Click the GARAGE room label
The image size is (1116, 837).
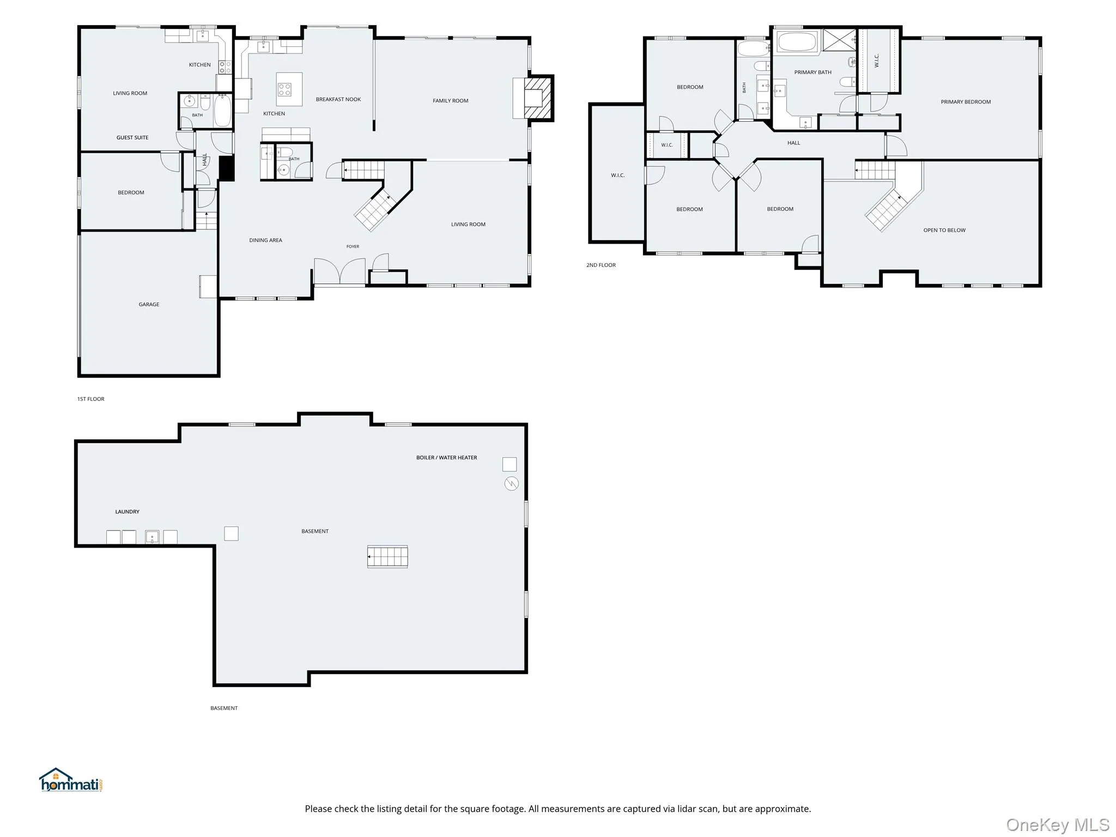[x=149, y=305]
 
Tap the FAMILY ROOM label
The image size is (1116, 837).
[x=450, y=101]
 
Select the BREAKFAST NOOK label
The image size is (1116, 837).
[x=338, y=99]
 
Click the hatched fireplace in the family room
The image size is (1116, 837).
[x=538, y=98]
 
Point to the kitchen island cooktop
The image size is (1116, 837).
[x=284, y=89]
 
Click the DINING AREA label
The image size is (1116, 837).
[x=266, y=240]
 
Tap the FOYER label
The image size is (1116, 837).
[x=353, y=247]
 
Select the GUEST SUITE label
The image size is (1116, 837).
[x=132, y=138]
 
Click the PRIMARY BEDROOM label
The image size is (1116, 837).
[x=966, y=102]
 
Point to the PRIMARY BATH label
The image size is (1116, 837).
[x=813, y=72]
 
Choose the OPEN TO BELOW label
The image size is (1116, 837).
[x=944, y=231]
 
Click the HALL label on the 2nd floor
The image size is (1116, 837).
[x=793, y=143]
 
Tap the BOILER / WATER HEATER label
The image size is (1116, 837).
[x=446, y=458]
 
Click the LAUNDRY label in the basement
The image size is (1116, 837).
[x=127, y=512]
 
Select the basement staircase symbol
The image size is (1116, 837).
[x=387, y=557]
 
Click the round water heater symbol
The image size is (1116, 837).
[x=511, y=483]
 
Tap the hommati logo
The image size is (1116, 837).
[x=71, y=780]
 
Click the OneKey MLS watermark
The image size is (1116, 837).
[x=1058, y=825]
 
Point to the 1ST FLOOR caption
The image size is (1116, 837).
[x=90, y=399]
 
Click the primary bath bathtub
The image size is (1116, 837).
[x=797, y=43]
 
